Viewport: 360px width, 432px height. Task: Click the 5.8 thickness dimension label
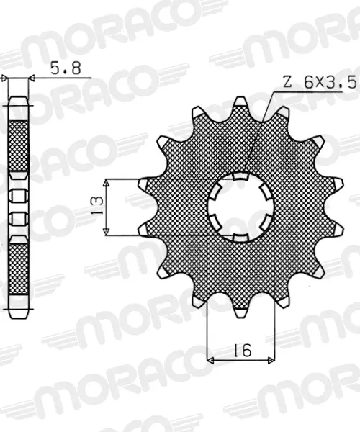66,68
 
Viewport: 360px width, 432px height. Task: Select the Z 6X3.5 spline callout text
320,82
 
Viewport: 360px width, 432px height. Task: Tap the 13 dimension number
97,205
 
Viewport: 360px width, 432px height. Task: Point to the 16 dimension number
243,350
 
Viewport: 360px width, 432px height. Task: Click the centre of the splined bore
240,207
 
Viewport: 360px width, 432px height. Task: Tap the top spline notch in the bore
240,176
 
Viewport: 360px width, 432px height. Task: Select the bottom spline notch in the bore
240,238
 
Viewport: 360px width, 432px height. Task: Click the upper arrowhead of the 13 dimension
107,182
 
